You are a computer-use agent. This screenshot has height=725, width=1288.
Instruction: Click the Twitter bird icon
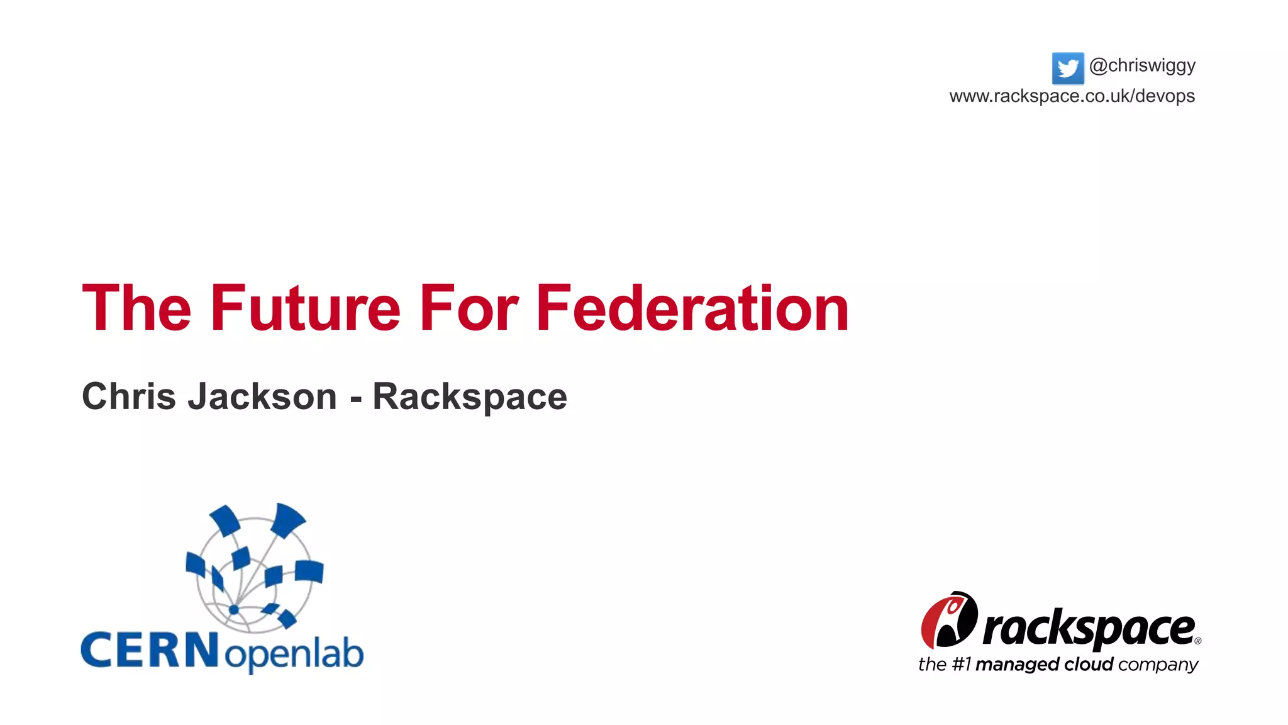(1067, 68)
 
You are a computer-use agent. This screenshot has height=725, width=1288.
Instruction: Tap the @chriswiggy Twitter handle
(1142, 65)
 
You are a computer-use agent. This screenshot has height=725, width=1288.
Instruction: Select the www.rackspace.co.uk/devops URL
(1072, 96)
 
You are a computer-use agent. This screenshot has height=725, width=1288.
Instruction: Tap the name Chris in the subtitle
(129, 396)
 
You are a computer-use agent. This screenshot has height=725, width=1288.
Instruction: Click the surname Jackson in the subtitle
(262, 396)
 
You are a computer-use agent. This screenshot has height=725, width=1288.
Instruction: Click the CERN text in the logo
(150, 651)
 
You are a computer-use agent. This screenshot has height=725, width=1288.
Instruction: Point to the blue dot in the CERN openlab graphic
(233, 609)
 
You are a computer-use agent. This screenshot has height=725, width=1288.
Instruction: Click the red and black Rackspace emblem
(949, 621)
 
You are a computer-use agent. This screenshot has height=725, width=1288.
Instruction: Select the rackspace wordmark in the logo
(1088, 629)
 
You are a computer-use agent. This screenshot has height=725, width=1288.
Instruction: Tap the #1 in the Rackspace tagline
(961, 665)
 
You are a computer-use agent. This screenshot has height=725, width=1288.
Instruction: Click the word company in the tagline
(1158, 665)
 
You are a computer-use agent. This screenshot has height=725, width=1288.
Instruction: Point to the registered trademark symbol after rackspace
(1197, 641)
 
